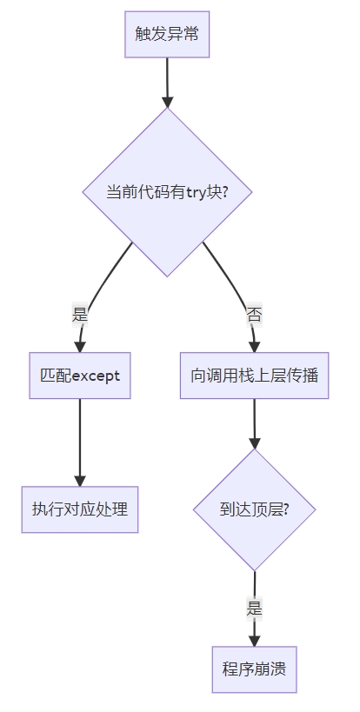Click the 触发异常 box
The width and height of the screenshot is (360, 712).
click(167, 35)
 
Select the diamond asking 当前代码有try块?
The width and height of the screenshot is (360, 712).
click(167, 192)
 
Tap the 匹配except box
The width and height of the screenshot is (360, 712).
click(80, 376)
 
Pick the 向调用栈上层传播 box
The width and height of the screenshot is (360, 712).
click(254, 376)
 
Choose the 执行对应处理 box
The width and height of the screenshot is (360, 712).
click(80, 509)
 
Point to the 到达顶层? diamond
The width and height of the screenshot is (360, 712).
click(254, 509)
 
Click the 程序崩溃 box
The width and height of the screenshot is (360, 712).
click(254, 669)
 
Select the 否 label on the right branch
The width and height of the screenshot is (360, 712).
click(254, 315)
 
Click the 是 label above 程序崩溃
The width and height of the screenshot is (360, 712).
click(254, 609)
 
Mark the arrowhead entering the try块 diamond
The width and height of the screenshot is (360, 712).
click(167, 102)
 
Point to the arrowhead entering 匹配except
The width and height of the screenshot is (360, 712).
click(80, 347)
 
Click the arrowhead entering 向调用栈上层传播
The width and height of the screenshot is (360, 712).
click(254, 347)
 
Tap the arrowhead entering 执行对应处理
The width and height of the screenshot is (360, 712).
click(80, 481)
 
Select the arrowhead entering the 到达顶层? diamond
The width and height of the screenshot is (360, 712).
click(254, 443)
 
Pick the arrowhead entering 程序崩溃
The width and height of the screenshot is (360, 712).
click(254, 641)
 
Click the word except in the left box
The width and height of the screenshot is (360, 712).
click(96, 376)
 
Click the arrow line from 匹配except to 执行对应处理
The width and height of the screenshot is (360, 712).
click(80, 443)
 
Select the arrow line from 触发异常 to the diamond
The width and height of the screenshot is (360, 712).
click(167, 83)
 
